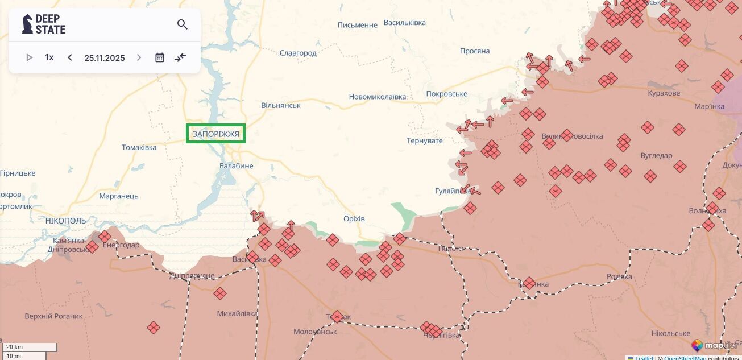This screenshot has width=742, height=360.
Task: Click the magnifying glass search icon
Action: click(182, 24)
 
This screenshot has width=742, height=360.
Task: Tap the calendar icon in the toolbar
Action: click(160, 57)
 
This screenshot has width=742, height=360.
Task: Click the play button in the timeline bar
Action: click(30, 57)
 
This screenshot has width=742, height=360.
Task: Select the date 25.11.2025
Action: click(105, 57)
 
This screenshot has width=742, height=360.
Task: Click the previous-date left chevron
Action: click(70, 57)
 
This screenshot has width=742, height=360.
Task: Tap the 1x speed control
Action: click(49, 57)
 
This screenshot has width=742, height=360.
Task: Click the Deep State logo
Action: click(44, 24)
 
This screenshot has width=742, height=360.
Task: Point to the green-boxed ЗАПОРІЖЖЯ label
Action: click(215, 134)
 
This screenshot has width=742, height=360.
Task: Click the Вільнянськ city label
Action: click(281, 105)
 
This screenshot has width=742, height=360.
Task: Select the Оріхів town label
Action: click(354, 219)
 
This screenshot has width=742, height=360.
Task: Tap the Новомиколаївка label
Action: click(378, 97)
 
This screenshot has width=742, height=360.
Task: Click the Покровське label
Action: click(446, 94)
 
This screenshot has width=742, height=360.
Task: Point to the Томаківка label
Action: click(139, 148)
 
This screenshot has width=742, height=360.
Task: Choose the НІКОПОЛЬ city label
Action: click(65, 221)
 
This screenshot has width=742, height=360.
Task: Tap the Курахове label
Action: click(664, 93)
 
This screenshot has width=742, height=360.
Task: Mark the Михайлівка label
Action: click(237, 313)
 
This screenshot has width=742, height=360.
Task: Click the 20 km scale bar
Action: click(30, 347)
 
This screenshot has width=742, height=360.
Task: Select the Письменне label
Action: click(358, 25)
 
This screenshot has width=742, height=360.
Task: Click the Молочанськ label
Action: click(315, 332)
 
